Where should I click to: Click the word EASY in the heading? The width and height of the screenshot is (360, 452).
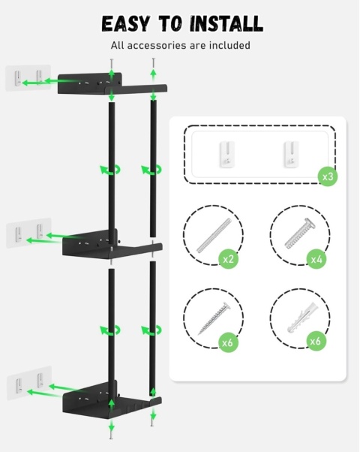(126, 23)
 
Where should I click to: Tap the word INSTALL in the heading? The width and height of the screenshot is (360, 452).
(226, 23)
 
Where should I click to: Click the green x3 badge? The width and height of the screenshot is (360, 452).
(328, 176)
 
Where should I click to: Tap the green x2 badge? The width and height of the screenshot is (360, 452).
(228, 259)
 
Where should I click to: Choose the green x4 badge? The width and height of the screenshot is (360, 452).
(316, 259)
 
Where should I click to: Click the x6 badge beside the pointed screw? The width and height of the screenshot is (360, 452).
(228, 342)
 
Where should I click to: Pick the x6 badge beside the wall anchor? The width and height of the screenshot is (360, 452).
(316, 342)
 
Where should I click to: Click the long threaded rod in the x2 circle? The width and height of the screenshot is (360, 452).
(214, 235)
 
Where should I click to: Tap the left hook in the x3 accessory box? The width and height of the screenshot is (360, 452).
(227, 154)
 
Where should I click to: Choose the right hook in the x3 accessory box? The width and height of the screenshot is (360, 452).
(292, 154)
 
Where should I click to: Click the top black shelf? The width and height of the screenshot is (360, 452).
(112, 83)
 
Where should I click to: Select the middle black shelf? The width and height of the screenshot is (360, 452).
(112, 245)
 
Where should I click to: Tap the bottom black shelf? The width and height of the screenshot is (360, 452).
(112, 399)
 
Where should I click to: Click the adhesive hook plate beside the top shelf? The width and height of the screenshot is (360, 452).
(28, 78)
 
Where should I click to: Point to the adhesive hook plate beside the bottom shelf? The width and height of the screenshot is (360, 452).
(29, 383)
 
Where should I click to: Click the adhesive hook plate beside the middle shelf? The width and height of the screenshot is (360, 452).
(28, 233)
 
